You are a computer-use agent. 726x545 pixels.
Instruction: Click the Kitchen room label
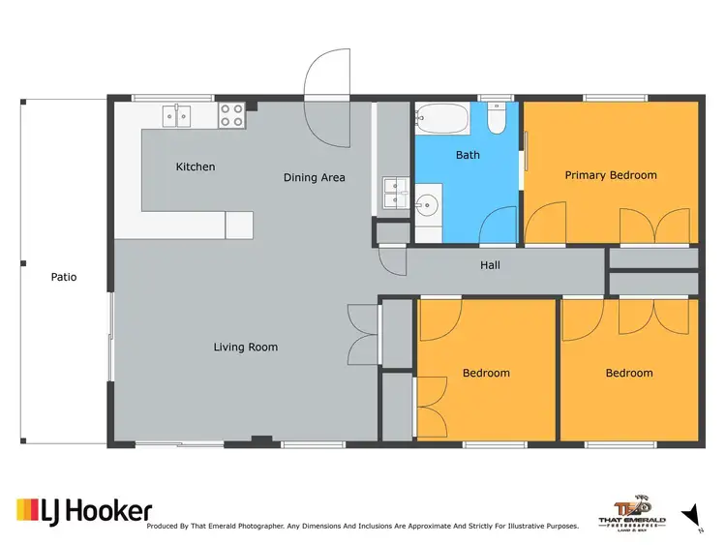(195, 167)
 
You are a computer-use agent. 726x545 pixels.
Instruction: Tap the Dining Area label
(314, 177)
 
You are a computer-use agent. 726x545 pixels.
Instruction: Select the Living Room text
(245, 347)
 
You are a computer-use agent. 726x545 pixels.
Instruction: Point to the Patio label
(64, 277)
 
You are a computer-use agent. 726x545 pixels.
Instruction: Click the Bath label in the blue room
(468, 155)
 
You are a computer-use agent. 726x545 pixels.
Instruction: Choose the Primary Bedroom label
(611, 175)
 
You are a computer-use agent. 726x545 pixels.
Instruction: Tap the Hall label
(490, 264)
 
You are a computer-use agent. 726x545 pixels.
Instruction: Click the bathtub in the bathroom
(442, 122)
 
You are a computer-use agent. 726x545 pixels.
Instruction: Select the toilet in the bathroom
(496, 120)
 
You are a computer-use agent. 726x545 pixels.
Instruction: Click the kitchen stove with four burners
(231, 116)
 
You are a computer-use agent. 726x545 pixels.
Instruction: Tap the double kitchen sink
(177, 116)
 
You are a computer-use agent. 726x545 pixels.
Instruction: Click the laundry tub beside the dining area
(393, 193)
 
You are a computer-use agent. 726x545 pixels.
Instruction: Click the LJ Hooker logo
(83, 510)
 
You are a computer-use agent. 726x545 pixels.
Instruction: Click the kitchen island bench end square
(239, 226)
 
